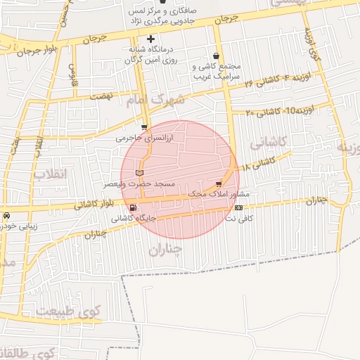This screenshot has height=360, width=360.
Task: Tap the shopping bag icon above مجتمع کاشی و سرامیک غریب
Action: pos(215,55)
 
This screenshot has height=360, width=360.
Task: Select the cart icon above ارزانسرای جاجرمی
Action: pos(144,127)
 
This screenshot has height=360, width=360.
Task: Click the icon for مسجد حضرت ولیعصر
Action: pos(139,172)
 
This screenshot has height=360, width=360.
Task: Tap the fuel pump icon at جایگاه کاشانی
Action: pos(133,207)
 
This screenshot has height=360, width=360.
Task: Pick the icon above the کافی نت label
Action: pos(239,207)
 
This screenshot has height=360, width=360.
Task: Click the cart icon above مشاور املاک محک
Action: pos(219,184)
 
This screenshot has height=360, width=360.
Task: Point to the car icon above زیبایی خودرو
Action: pos(6,214)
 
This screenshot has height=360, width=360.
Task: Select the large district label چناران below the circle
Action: pos(167,249)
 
